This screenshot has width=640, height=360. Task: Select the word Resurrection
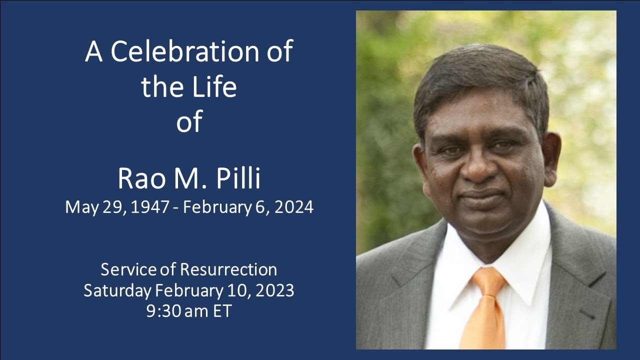228,269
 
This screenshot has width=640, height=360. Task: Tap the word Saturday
117,290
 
